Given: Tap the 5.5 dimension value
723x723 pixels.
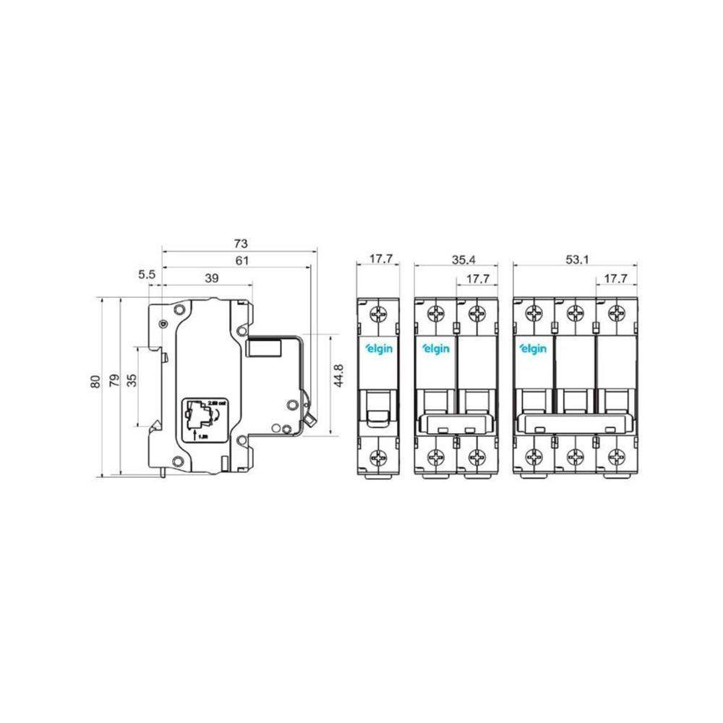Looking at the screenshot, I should [147, 275].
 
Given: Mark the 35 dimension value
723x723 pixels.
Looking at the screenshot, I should [132, 381].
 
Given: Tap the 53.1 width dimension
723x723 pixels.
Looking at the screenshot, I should [575, 260].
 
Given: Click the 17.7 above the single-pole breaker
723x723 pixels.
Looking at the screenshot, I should [380, 260].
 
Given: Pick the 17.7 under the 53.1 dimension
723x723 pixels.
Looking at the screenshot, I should [615, 278].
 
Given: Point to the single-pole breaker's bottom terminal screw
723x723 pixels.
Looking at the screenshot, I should [380, 456].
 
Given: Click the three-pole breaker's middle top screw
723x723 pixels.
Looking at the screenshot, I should [575, 314].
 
